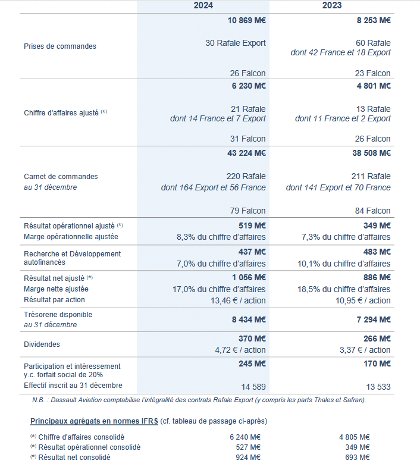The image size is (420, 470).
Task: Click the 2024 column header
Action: coord(203,5)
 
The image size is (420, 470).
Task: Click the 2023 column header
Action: coord(331,5)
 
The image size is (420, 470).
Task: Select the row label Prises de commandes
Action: coord(60,46)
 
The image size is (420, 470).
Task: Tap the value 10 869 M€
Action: coord(246,20)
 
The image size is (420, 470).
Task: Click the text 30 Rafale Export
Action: coord(236,43)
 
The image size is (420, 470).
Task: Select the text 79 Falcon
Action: coord(247,211)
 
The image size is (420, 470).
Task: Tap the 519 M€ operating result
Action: coord(252,226)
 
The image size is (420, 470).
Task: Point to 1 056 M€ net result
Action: coord(249,278)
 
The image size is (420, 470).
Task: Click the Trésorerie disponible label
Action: coord(58,314)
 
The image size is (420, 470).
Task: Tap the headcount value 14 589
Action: coord(253,387)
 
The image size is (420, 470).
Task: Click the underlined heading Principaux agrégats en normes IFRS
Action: coord(94,421)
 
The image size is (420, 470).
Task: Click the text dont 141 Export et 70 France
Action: coord(338,187)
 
